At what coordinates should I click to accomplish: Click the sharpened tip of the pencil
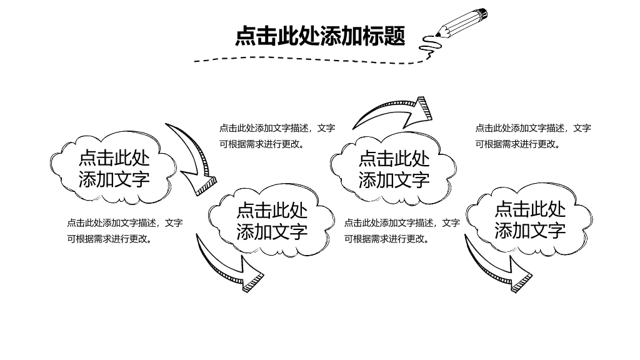[x=437, y=36]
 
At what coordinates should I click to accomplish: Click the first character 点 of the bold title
[x=245, y=36]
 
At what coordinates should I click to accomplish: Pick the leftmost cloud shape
[x=113, y=167]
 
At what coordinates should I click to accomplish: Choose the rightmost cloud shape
[x=529, y=219]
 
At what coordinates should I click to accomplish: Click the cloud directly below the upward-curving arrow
[x=394, y=168]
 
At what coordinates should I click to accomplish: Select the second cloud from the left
[x=271, y=221]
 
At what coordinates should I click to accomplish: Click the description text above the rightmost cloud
[x=533, y=136]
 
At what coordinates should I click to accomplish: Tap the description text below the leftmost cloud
[x=125, y=231]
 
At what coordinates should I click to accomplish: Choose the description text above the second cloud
[x=277, y=136]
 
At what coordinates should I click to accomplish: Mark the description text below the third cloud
[x=402, y=231]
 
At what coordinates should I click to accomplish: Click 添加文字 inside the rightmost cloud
[x=530, y=230]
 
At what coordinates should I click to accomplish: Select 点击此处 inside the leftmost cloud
[x=114, y=158]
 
